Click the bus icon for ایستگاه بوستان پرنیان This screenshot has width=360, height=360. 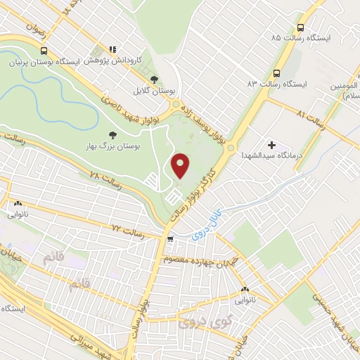point(44,51)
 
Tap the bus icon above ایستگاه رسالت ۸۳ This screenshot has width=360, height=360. point(276,72)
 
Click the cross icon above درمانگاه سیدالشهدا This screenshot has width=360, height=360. point(272,145)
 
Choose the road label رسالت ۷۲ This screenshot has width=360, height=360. point(127,231)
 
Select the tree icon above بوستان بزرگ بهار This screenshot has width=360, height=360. point(112,134)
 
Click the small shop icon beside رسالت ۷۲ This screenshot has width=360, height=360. point(169,238)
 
